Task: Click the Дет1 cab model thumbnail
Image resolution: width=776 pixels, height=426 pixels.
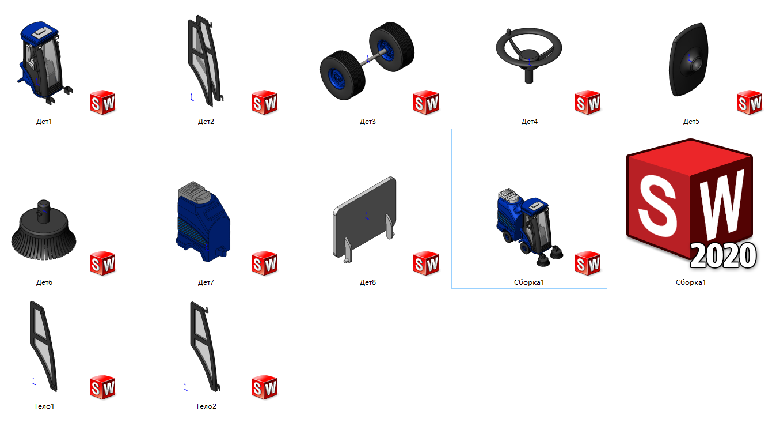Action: pos(44,62)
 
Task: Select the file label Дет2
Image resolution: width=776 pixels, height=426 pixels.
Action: pos(206,122)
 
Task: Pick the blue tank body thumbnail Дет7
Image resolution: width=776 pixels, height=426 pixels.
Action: pos(203,221)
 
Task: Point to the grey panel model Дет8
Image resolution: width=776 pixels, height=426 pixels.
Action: pos(364,219)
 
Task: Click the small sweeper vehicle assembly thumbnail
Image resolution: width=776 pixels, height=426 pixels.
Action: pos(530,227)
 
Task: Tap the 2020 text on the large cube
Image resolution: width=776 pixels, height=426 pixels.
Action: pos(723,256)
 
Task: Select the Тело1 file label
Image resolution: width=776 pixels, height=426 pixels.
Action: pos(44,406)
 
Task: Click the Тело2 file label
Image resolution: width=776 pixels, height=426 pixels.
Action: pos(206,406)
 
